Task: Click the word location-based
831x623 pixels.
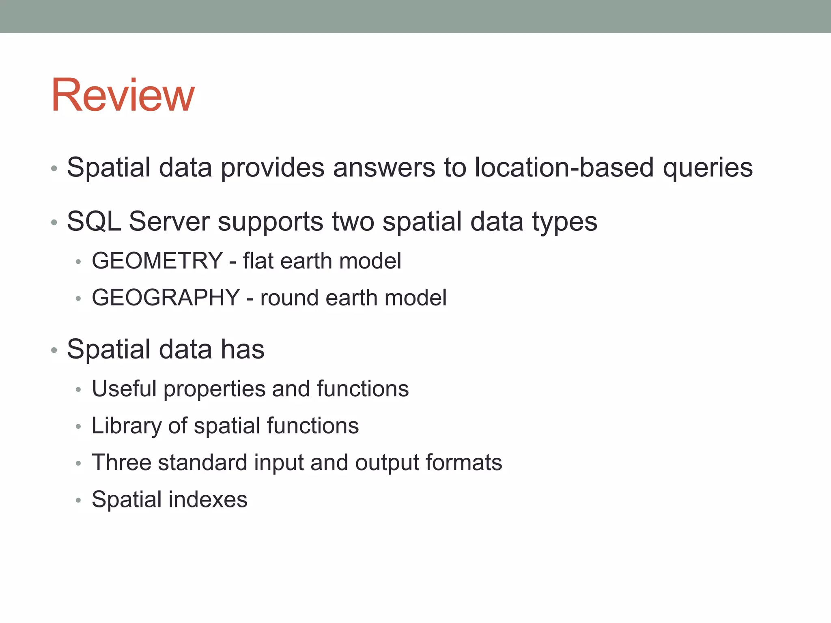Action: (x=564, y=167)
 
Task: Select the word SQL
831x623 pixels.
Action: (x=94, y=221)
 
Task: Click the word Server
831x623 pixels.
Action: (x=169, y=221)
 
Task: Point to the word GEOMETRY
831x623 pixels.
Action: (x=157, y=260)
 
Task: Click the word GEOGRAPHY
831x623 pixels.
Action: (x=166, y=297)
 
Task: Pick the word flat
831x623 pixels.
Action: (x=258, y=260)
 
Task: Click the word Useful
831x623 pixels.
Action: (x=124, y=389)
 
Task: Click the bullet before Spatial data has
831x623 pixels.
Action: (x=54, y=350)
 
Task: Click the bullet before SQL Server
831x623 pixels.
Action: (x=54, y=222)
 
